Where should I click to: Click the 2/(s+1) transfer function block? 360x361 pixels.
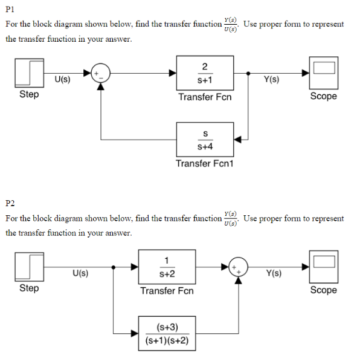click(205, 73)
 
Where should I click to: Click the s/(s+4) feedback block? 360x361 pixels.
click(205, 140)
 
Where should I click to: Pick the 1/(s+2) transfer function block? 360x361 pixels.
click(167, 267)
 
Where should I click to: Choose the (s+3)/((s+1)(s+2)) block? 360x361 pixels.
click(167, 333)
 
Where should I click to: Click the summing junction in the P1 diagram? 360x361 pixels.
click(100, 73)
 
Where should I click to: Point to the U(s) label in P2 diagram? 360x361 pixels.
click(81, 273)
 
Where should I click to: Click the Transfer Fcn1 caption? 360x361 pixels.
click(205, 163)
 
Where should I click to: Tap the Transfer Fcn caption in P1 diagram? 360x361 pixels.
click(205, 97)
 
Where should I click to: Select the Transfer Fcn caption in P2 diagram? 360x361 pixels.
click(167, 290)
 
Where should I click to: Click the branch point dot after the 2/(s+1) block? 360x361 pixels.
click(249, 73)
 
